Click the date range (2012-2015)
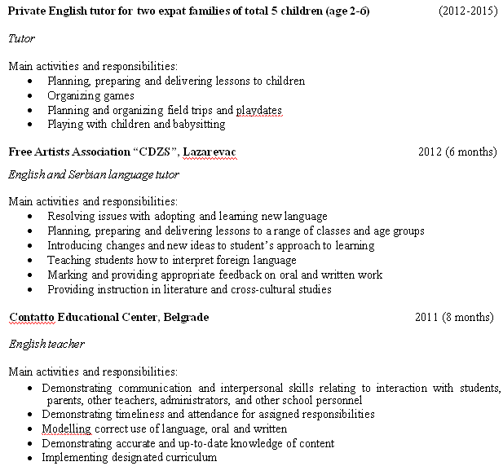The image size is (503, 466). [x=467, y=12]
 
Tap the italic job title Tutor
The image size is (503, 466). [x=21, y=38]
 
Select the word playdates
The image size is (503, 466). [x=259, y=110]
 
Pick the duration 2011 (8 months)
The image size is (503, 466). [x=454, y=317]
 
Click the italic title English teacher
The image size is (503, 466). [x=46, y=344]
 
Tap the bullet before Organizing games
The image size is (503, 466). [x=31, y=96]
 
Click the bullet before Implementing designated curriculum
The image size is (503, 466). [x=31, y=458]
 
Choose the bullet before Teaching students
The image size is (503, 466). [x=31, y=261]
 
